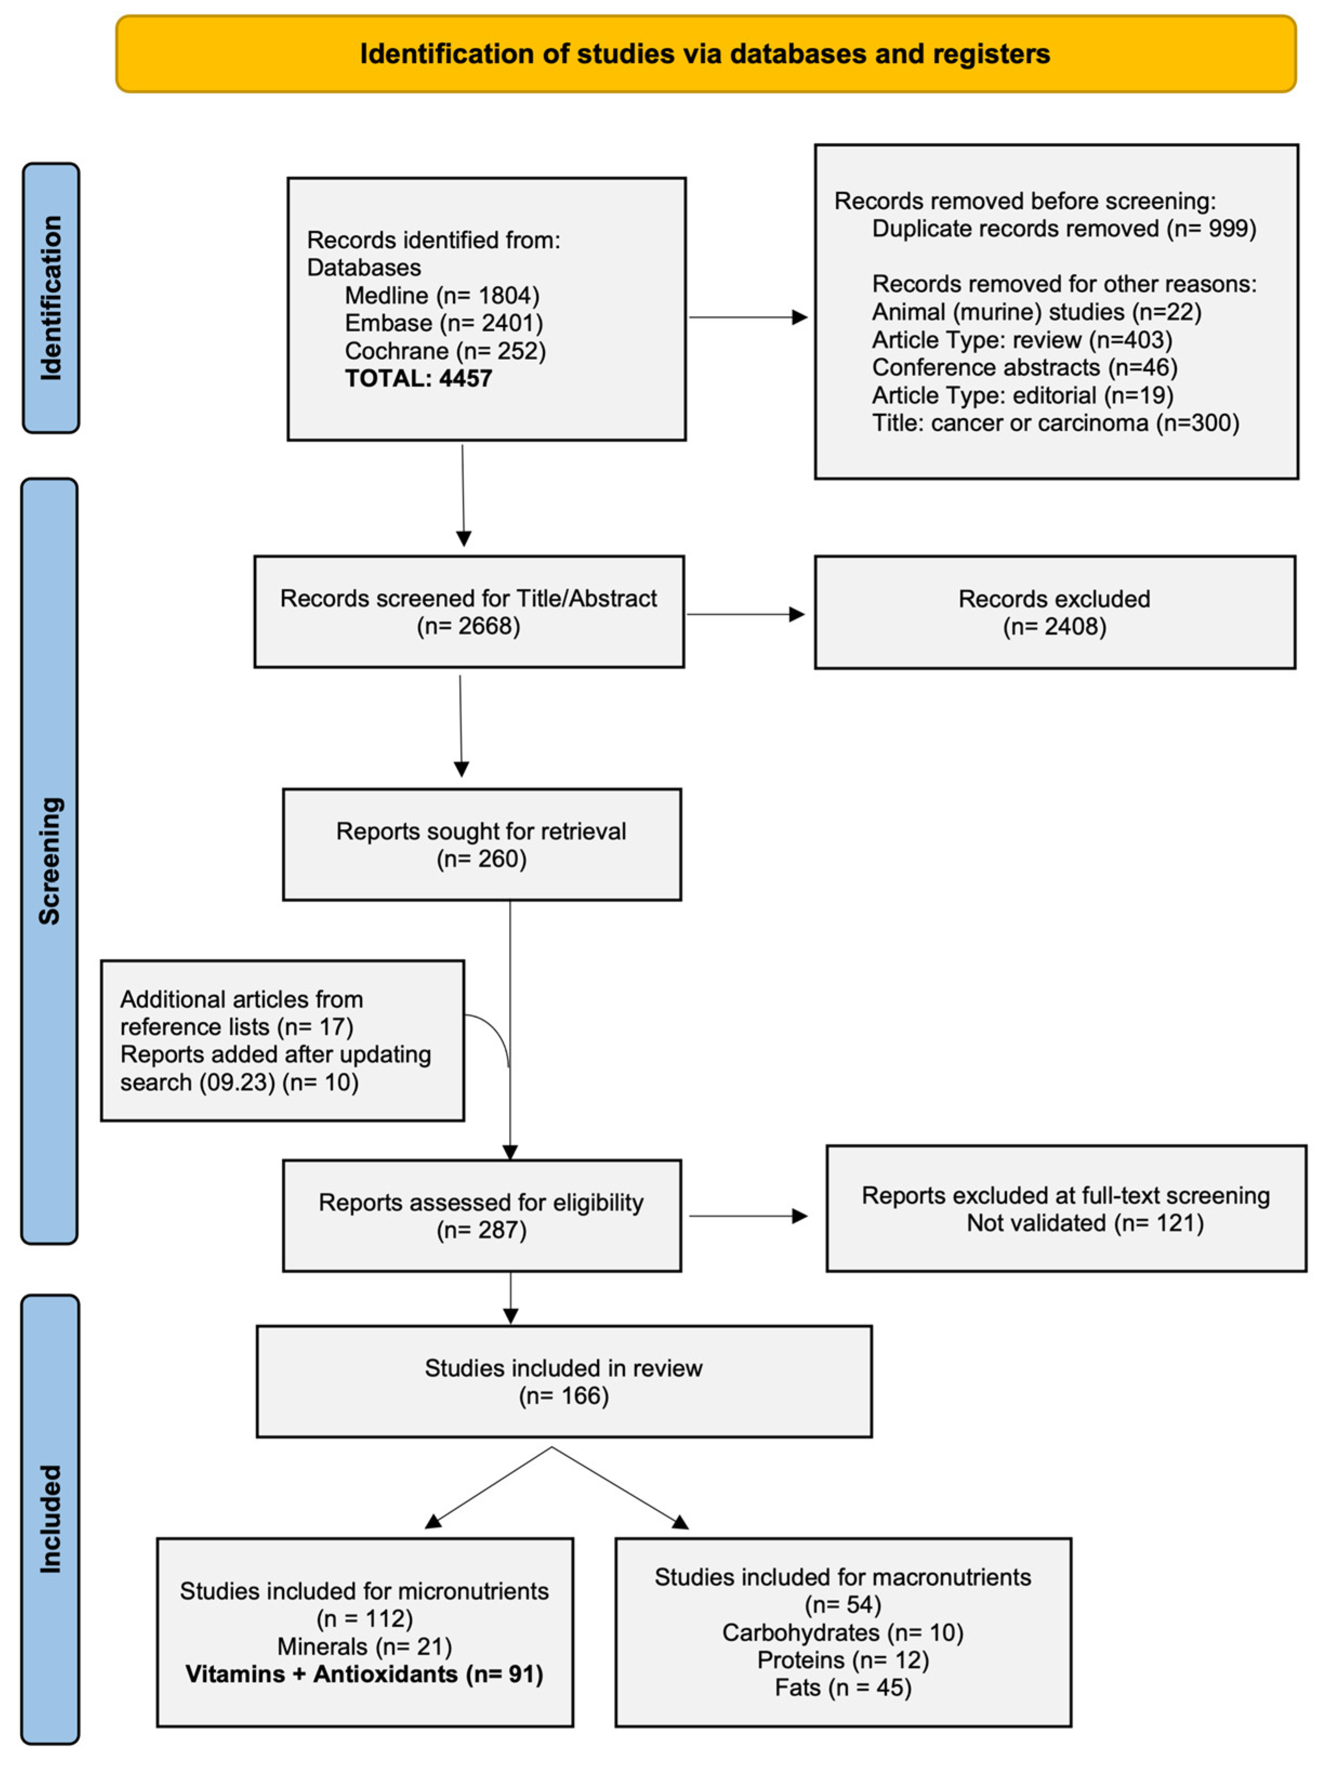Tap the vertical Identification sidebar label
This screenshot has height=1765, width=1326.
coord(51,298)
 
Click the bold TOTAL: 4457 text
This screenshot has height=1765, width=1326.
coord(418,378)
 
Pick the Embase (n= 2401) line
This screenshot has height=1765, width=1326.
coord(444,323)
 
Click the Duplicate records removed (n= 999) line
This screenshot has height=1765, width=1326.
coord(1064,229)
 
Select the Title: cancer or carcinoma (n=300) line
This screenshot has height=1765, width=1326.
coord(1055,423)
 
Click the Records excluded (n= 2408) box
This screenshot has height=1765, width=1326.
coord(1054,612)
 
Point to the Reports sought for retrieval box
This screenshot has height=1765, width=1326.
coord(481,844)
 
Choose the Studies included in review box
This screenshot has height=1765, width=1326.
coord(563,1381)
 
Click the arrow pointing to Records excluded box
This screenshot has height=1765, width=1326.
coord(746,615)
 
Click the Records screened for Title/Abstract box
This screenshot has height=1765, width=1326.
coord(469,612)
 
